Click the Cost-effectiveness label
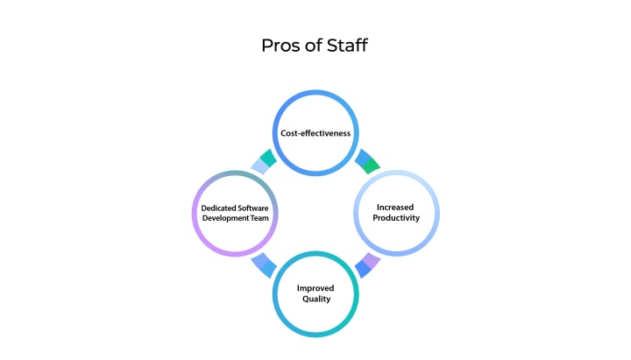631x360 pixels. [x=315, y=134]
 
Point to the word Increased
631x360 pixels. [x=396, y=207]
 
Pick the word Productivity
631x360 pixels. [x=396, y=218]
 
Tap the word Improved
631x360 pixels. [x=315, y=287]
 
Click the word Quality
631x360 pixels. [x=315, y=299]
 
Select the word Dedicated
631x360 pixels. [x=209, y=208]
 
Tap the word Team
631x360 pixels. [x=260, y=218]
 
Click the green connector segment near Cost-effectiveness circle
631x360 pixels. [x=372, y=164]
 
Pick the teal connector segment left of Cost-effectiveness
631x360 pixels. [x=267, y=158]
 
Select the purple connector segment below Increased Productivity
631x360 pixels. [x=372, y=261]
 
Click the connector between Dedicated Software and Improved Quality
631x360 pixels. [x=263, y=265]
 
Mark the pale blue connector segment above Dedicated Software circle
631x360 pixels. [x=259, y=166]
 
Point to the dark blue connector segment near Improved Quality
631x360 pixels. [x=364, y=269]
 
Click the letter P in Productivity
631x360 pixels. [x=374, y=218]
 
